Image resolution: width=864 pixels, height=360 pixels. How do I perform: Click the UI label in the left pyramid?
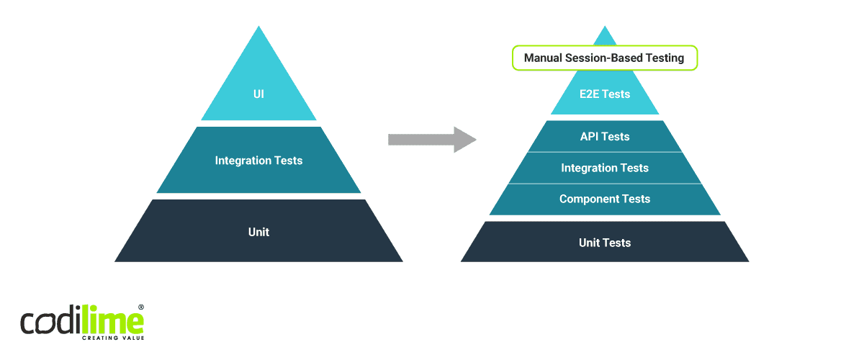tap(258, 94)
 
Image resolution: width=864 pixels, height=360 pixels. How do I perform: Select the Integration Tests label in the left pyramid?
tap(258, 160)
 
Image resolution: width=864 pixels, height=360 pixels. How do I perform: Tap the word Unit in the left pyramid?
tap(258, 232)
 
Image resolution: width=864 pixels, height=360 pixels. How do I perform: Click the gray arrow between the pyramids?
tap(432, 139)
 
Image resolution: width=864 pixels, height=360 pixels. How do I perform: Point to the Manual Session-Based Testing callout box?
tap(604, 58)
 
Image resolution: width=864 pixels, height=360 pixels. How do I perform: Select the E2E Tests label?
tap(605, 94)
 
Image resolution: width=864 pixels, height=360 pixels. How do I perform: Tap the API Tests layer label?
tap(605, 136)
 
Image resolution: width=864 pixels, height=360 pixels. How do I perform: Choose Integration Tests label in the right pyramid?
tap(605, 168)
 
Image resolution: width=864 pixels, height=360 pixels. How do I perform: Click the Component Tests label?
tap(605, 199)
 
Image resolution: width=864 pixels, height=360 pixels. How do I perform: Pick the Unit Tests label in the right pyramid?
tap(605, 243)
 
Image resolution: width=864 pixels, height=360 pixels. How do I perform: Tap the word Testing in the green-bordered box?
tap(662, 58)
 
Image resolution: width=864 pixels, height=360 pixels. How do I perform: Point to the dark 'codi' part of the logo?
tap(52, 323)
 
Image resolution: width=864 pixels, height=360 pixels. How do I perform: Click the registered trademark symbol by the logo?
tap(141, 307)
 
